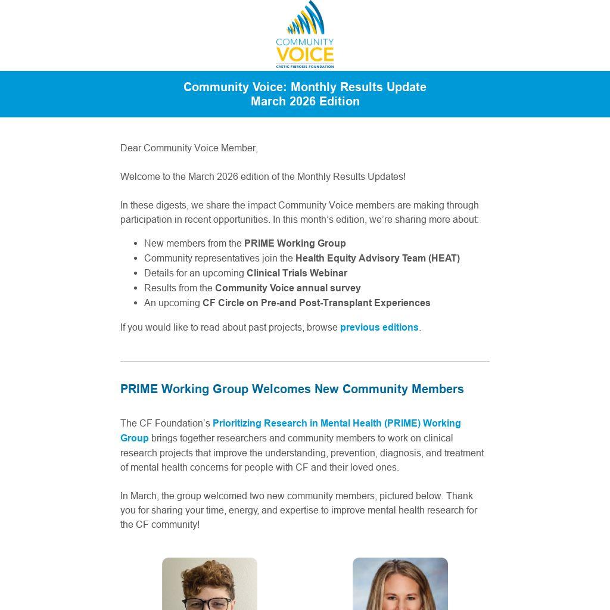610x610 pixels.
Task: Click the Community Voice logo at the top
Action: (304, 35)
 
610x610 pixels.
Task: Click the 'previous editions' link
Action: (379, 327)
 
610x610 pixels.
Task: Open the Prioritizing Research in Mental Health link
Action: (337, 424)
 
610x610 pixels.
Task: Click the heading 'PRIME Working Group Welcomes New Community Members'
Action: (292, 389)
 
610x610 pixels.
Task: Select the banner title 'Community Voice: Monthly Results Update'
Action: (304, 87)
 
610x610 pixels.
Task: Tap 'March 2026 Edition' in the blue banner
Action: (304, 101)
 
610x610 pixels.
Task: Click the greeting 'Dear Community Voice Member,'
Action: (189, 148)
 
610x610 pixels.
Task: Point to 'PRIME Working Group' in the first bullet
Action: (295, 243)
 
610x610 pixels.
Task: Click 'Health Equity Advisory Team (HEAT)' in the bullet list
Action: (377, 258)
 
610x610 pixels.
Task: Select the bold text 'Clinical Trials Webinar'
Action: (297, 273)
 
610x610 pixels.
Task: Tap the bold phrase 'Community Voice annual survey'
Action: (288, 288)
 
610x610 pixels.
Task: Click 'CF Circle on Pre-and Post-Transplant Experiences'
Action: (316, 303)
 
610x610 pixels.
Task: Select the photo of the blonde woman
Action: (400, 584)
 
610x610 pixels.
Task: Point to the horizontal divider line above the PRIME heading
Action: (304, 361)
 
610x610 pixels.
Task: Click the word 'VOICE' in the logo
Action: (304, 55)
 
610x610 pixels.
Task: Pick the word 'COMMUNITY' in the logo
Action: (304, 42)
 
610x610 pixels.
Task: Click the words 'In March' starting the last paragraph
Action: (139, 496)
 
